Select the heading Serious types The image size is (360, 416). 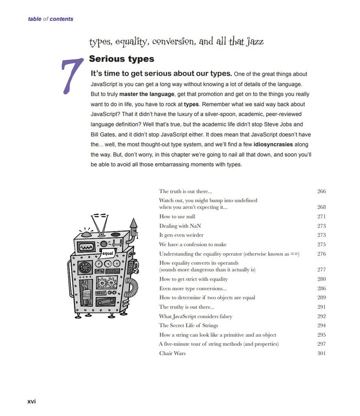(x=122, y=59)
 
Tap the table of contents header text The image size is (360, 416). (x=50, y=19)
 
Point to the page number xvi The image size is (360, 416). (x=32, y=401)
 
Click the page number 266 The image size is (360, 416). (x=321, y=191)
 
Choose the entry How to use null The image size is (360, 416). (x=177, y=217)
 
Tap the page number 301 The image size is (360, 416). (x=321, y=353)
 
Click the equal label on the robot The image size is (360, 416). (x=108, y=253)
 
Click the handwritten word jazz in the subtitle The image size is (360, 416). (x=254, y=42)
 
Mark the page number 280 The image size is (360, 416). (x=321, y=279)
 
